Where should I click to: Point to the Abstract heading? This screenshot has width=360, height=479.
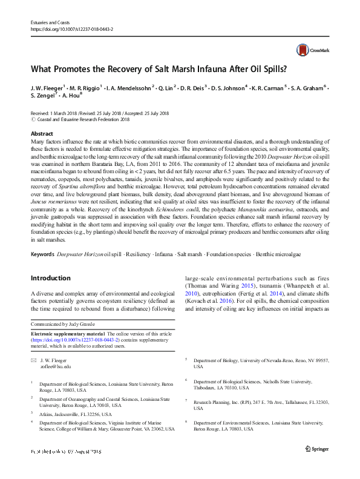click(41, 133)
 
